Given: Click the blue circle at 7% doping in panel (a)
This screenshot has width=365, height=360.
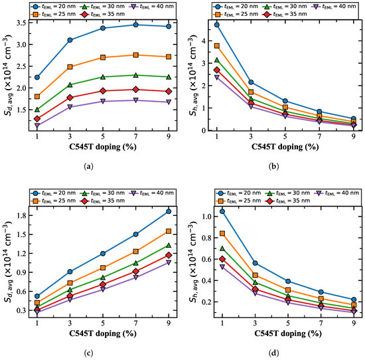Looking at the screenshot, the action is [x=135, y=25].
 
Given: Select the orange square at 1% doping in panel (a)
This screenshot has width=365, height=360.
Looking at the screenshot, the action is [x=37, y=96].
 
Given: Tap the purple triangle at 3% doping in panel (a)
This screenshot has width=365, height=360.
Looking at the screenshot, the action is [x=70, y=107].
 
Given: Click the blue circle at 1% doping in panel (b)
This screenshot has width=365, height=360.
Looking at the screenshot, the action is [x=217, y=25].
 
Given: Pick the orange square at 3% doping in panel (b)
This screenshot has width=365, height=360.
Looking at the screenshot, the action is [x=251, y=92].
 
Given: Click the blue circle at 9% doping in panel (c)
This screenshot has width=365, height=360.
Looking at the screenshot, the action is [x=169, y=211].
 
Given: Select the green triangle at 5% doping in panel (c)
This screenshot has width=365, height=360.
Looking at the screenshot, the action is [x=103, y=278].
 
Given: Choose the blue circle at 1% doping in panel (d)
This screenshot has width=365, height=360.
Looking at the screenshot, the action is [x=222, y=211].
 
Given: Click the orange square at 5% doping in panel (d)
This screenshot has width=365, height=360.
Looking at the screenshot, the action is [x=288, y=290].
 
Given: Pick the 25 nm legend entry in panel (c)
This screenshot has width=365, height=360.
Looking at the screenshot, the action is [x=53, y=201].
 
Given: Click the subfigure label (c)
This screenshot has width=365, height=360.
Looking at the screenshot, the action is [x=88, y=353].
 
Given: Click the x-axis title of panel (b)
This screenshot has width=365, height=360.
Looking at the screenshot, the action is [x=285, y=147].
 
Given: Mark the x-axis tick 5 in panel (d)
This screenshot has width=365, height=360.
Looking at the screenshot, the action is [x=288, y=323].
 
